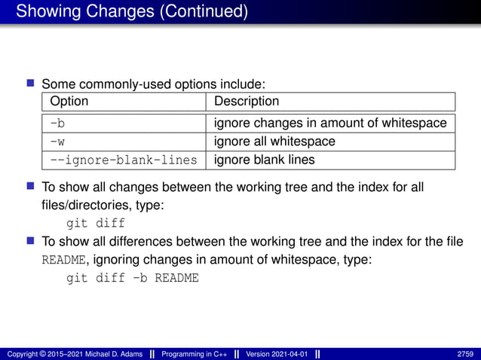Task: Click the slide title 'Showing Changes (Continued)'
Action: pos(131,12)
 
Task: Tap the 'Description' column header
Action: pos(247,101)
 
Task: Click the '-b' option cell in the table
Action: pos(57,123)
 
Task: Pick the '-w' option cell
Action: pos(57,142)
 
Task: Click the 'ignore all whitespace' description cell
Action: pos(274,142)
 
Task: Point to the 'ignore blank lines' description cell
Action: pos(264,160)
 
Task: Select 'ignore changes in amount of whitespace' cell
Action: pos(330,123)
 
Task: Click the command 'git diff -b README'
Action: pos(133,278)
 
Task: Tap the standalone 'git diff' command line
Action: pos(96,223)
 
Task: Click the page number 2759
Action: pos(464,354)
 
